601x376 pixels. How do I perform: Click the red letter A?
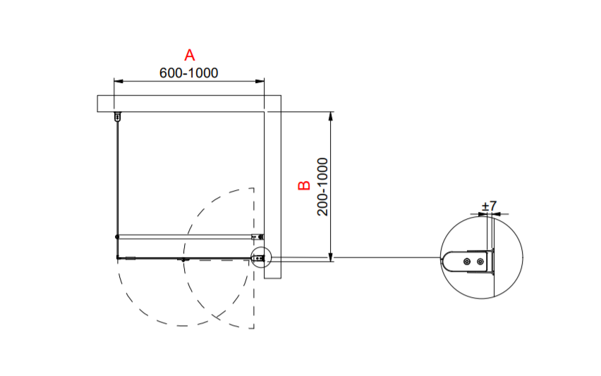189,55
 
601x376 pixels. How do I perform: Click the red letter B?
304,185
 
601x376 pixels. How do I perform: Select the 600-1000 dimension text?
188,73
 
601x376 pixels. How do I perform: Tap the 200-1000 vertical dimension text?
323,187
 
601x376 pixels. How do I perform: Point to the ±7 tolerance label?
489,206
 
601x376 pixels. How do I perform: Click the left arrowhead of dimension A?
118,81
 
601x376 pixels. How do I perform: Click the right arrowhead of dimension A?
260,81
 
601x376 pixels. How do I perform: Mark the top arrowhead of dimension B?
331,116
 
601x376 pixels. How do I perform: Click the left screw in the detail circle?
467,262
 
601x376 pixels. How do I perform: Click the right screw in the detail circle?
480,262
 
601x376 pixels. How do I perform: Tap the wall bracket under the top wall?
118,116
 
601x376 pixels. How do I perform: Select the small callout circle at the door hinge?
260,258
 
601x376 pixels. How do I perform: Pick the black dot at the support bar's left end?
117,237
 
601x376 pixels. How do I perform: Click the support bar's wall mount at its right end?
257,237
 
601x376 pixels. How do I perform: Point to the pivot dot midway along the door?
183,260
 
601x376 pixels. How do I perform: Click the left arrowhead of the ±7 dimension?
483,214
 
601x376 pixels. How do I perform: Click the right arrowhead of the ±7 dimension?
498,214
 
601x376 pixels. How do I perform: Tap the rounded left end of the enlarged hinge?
444,262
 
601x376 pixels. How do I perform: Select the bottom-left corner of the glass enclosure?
117,258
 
